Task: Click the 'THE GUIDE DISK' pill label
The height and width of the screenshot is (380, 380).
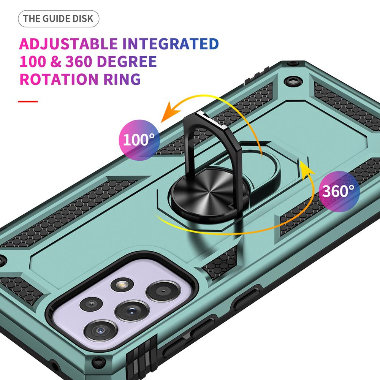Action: point(58,19)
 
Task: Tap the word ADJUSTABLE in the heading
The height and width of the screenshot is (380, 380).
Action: point(69,44)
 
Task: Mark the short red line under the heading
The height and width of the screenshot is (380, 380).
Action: point(28,101)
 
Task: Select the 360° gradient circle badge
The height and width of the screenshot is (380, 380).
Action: point(339,191)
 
